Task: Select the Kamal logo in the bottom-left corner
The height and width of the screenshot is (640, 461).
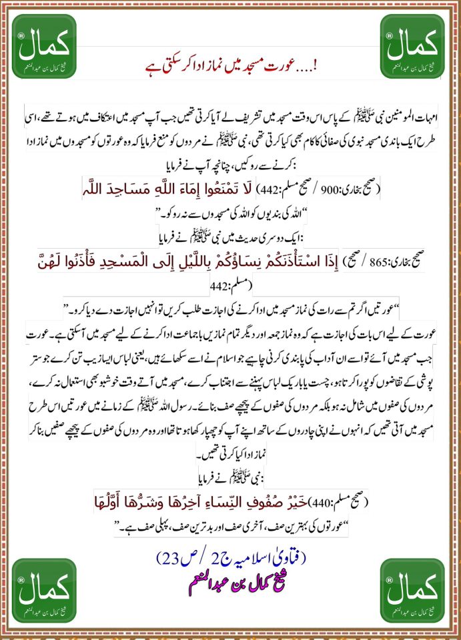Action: pyautogui.click(x=45, y=591)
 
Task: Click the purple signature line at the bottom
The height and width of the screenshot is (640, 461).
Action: pyautogui.click(x=230, y=575)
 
